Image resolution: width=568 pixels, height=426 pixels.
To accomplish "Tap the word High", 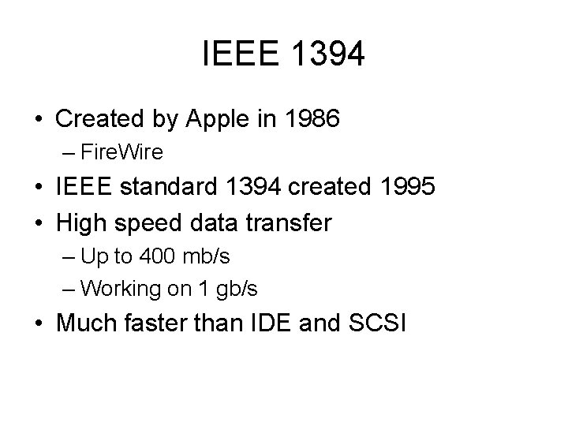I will (x=81, y=223).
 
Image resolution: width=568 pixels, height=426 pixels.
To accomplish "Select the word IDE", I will (x=276, y=323).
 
